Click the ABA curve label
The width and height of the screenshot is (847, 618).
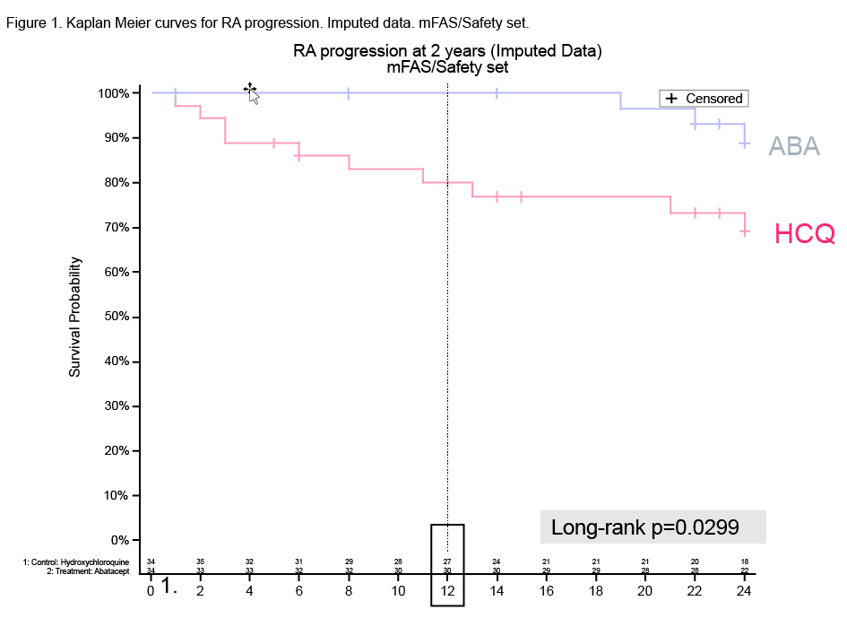click(794, 147)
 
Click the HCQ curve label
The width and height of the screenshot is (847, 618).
click(804, 235)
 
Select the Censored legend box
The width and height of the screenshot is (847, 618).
click(704, 99)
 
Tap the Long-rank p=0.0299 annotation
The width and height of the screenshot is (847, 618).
click(644, 527)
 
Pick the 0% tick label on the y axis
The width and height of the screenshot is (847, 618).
click(120, 540)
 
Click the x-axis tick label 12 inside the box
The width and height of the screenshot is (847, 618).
click(447, 591)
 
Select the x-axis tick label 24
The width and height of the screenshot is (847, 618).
click(743, 591)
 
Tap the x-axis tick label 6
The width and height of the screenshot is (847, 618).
click(299, 591)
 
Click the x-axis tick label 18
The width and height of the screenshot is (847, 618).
click(596, 591)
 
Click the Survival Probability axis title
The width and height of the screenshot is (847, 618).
click(75, 317)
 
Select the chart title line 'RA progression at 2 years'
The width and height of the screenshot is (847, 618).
click(447, 51)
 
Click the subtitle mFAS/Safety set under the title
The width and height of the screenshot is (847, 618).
click(447, 66)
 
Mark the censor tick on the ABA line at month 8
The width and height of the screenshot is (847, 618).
click(349, 92)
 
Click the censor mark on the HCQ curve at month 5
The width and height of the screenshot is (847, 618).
click(274, 143)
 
